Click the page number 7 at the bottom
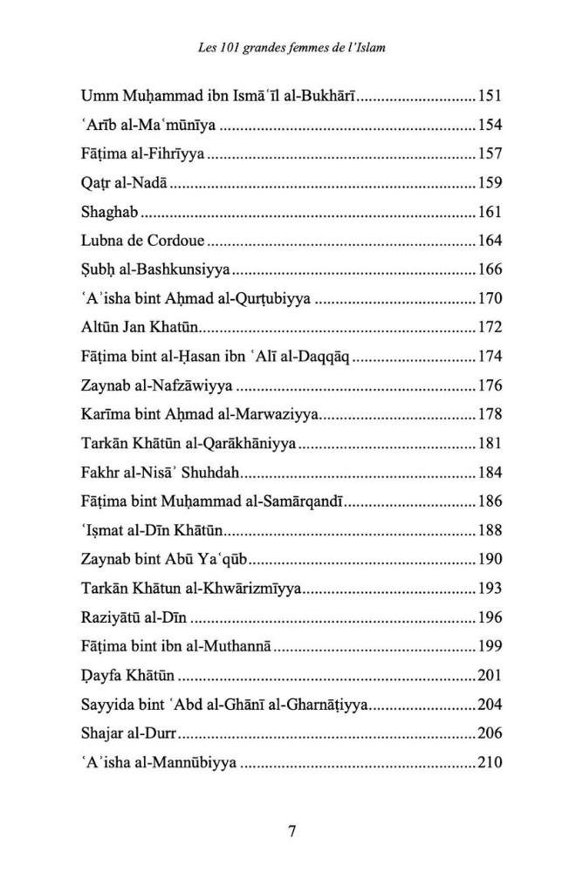click(291, 831)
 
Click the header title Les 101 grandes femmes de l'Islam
click(291, 48)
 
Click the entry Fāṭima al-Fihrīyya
click(141, 154)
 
